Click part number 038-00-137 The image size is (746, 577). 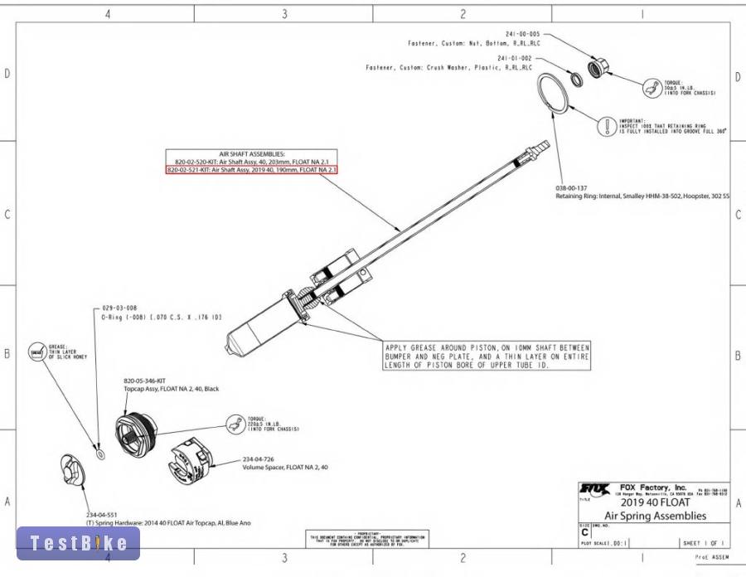pos(571,188)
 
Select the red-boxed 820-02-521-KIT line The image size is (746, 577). pos(252,169)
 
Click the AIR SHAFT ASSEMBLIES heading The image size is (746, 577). pos(253,154)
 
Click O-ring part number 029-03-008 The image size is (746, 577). pos(119,308)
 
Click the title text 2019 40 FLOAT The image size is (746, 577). pos(655,502)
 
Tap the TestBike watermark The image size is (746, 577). pos(79,543)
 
